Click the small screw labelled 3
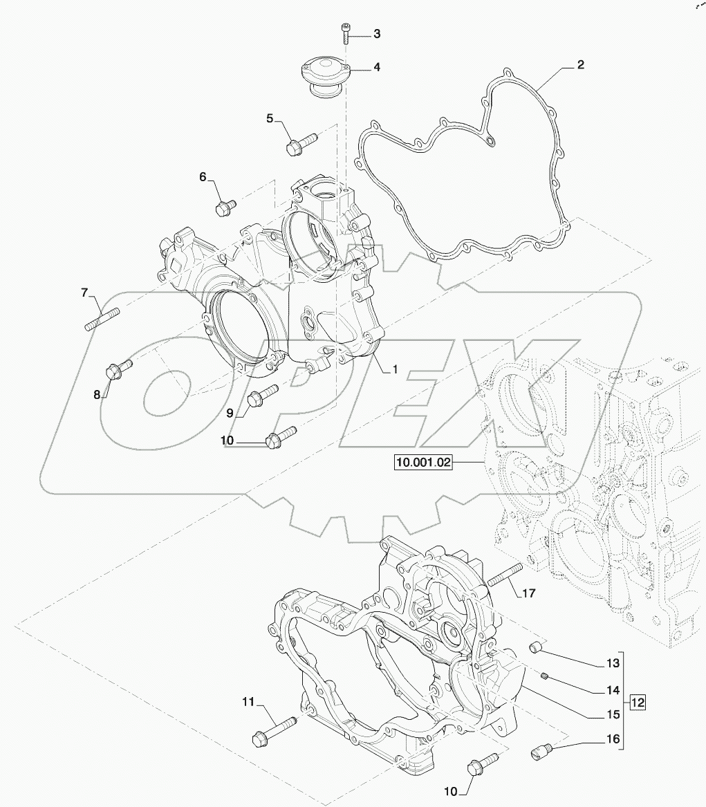tap(345, 34)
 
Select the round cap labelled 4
tap(325, 75)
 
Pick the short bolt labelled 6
tap(224, 207)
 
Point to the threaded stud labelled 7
tap(102, 319)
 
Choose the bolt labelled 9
tap(263, 396)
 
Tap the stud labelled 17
tap(505, 574)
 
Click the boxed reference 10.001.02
tap(423, 462)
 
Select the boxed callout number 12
tap(638, 702)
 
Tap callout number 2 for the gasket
tap(580, 65)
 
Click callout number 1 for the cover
tap(396, 369)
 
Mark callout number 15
tap(613, 714)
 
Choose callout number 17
tap(529, 593)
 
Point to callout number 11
tap(248, 701)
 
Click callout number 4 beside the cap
tap(377, 67)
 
